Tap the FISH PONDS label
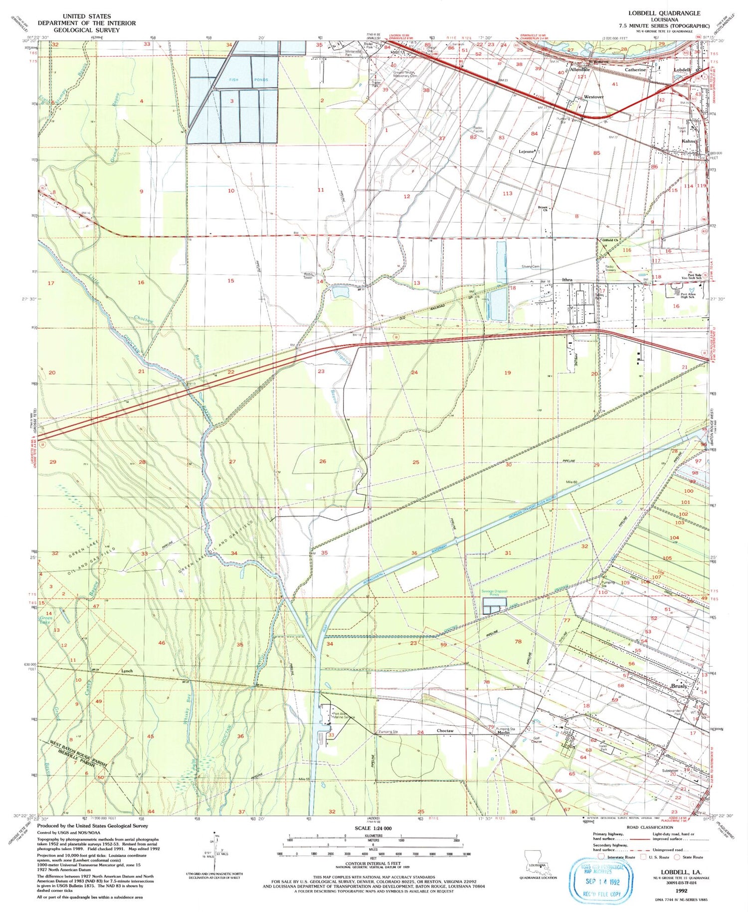pos(249,80)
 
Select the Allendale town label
pos(580,70)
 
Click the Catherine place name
pos(635,70)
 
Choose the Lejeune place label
pos(527,151)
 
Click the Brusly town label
pos(679,686)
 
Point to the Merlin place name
pos(502,732)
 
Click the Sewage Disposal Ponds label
pos(494,593)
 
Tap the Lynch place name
pos(127,671)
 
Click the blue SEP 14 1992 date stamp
pos(602,882)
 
